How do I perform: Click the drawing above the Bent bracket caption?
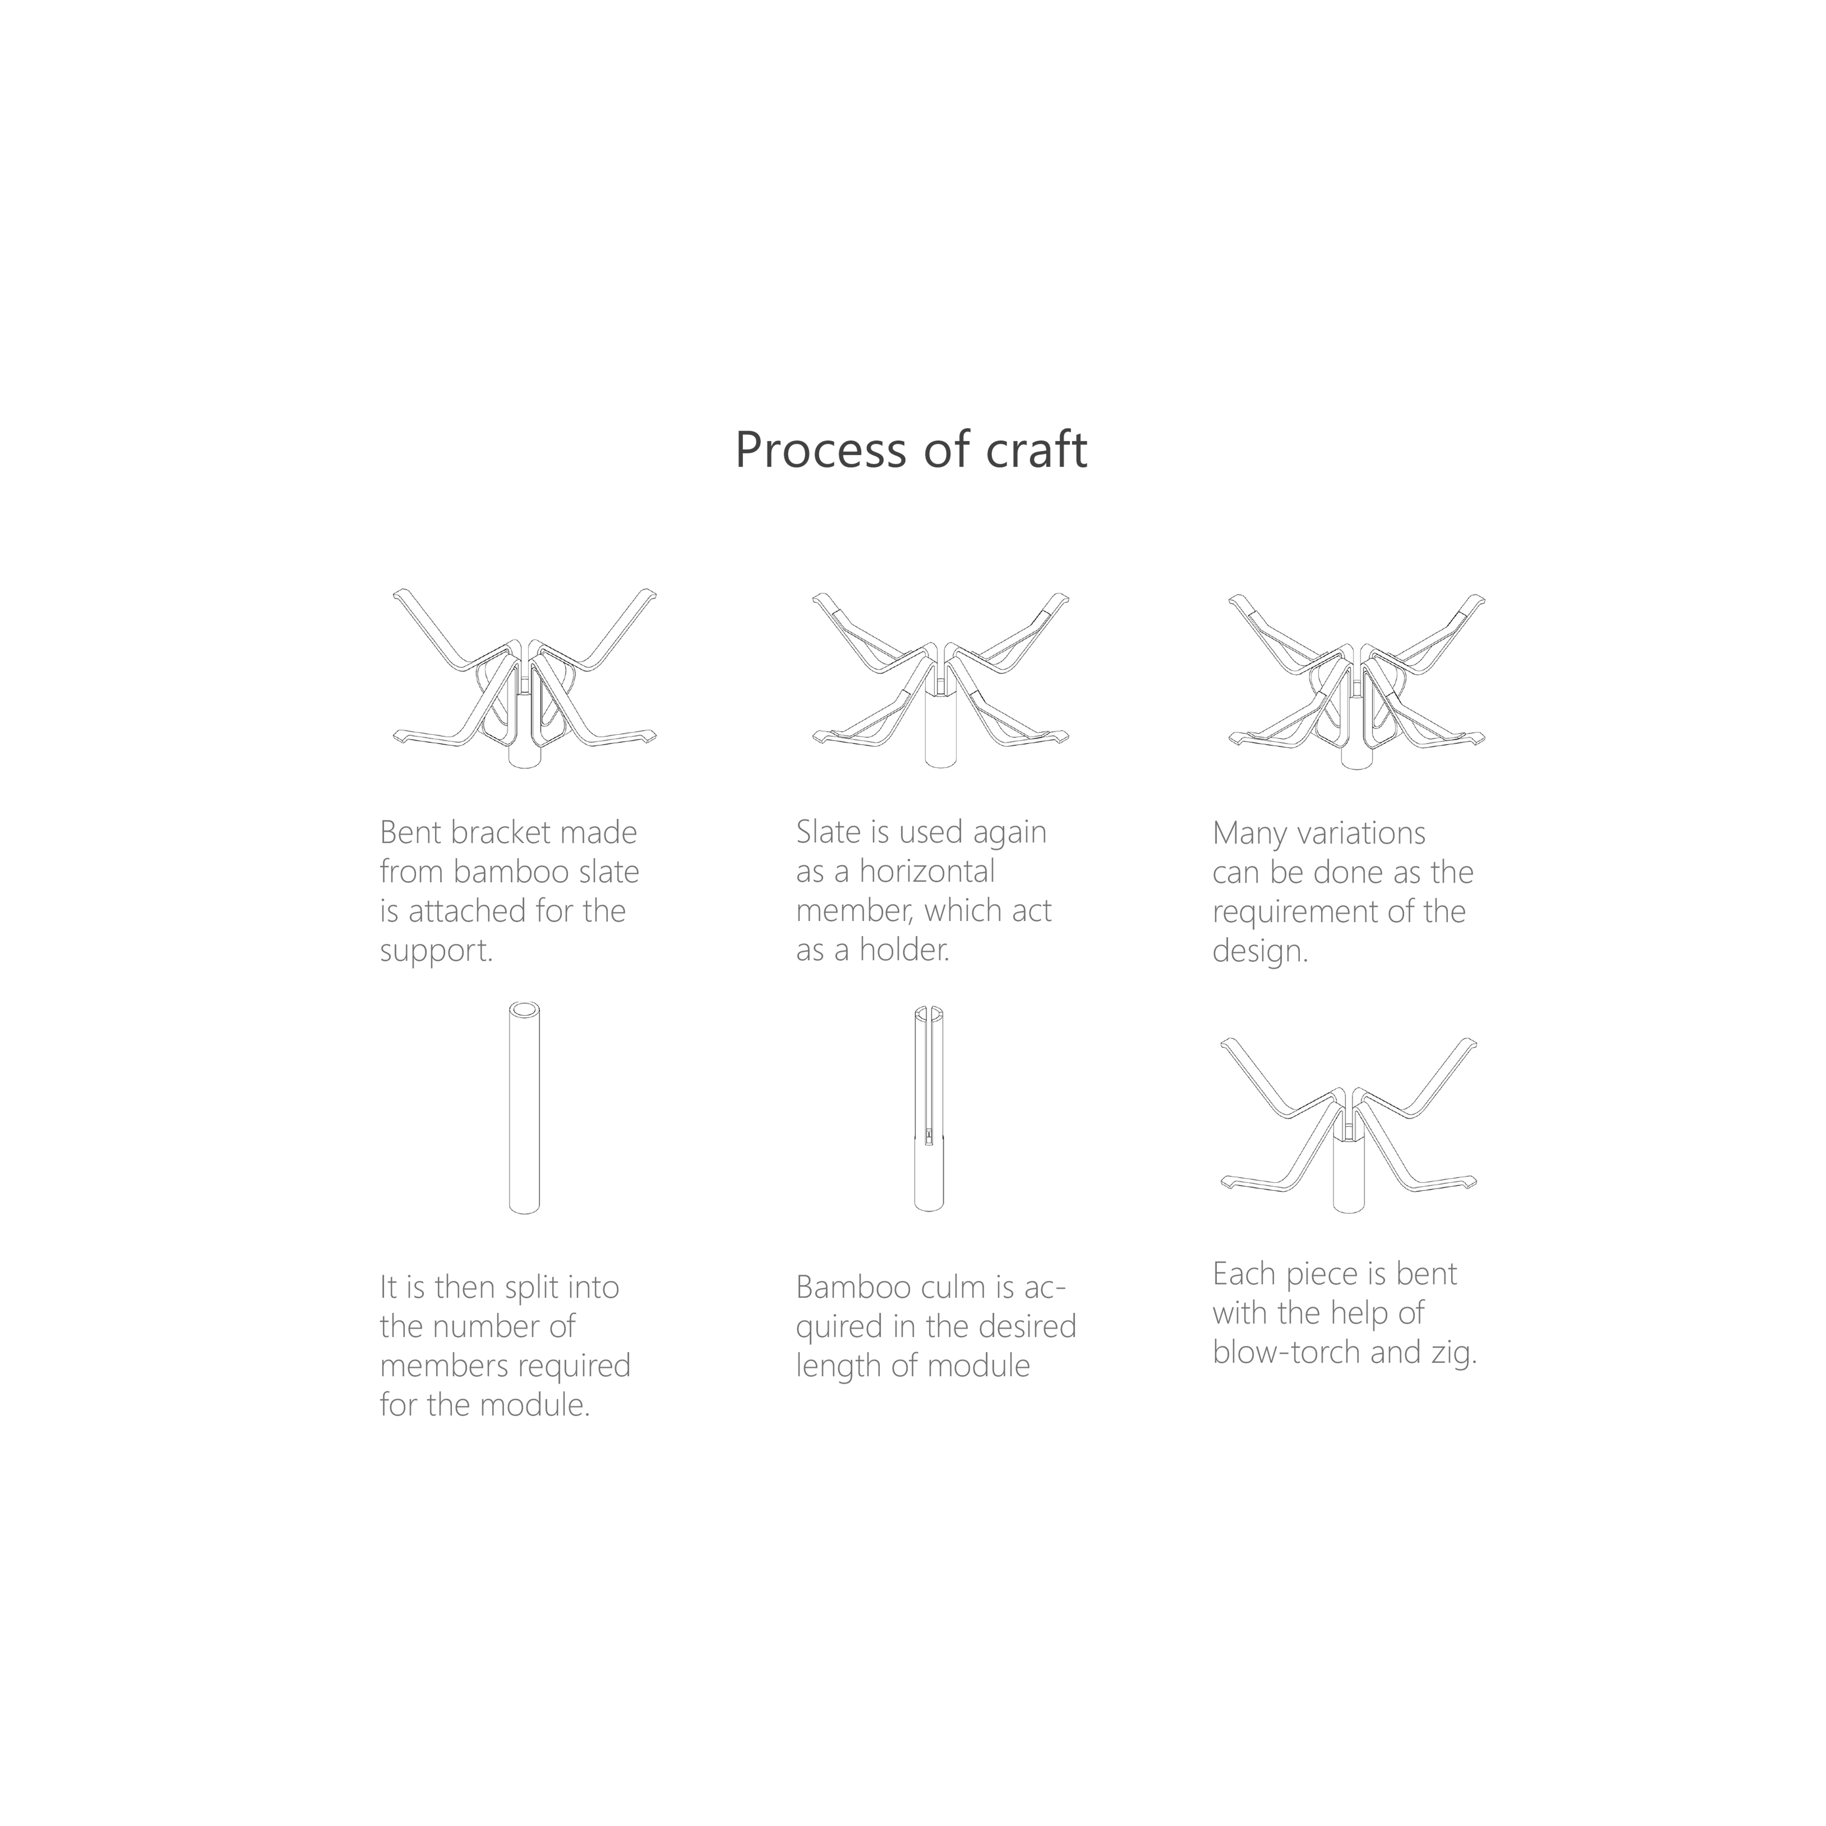click(525, 679)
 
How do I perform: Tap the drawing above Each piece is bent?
click(1349, 1125)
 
